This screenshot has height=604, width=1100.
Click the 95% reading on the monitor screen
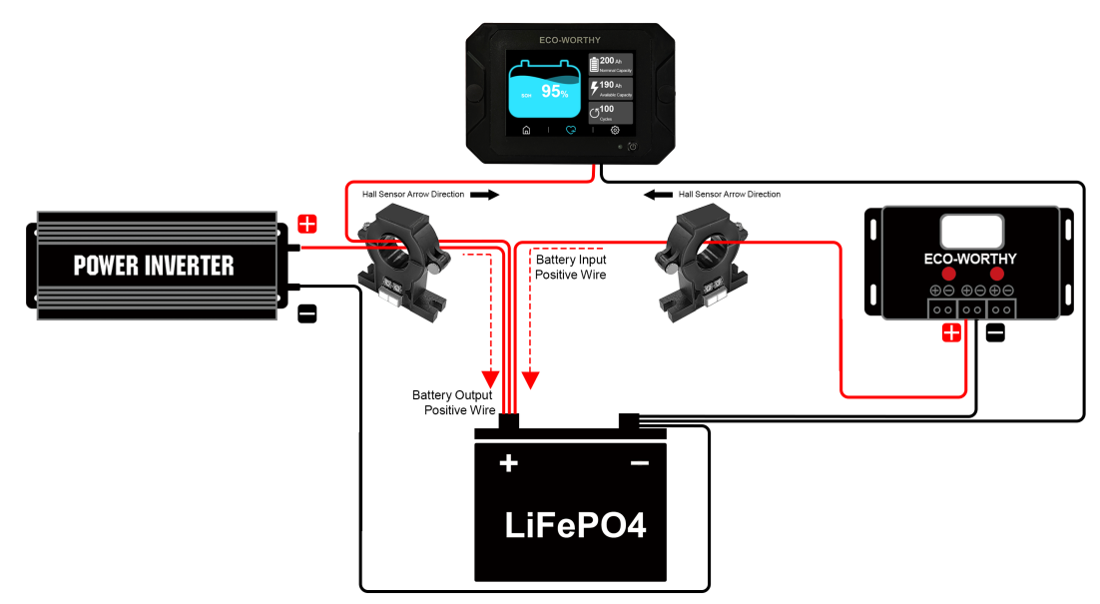[554, 92]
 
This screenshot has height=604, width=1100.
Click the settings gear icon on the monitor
[615, 130]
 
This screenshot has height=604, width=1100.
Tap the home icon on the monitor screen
[526, 130]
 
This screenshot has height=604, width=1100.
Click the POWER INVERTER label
[154, 266]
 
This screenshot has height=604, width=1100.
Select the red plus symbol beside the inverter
[307, 224]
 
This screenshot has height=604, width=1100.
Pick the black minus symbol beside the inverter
[307, 314]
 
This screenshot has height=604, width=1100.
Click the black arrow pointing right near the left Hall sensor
[483, 195]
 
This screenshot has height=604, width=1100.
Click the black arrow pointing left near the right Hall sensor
[657, 195]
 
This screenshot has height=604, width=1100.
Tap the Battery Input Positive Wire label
[571, 267]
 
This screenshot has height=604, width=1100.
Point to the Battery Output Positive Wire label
[454, 402]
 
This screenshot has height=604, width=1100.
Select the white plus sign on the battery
[508, 463]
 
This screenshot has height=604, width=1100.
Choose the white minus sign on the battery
[639, 463]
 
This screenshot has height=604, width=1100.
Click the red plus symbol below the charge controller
[951, 333]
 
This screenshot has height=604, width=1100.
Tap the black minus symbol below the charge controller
[995, 333]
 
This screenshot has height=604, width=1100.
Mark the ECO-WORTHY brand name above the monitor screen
[570, 41]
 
